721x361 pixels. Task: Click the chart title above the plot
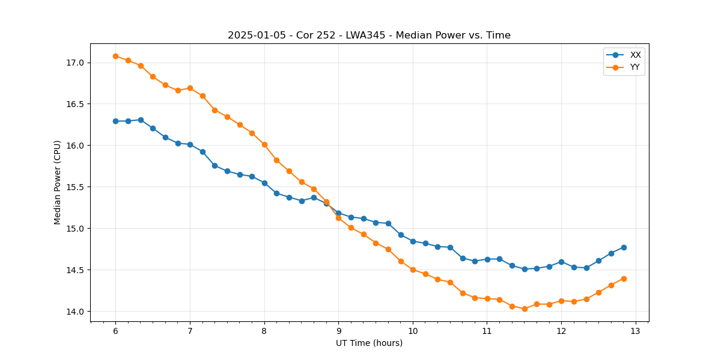click(x=369, y=35)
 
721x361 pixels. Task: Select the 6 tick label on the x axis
click(x=115, y=331)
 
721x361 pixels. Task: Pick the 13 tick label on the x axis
click(x=636, y=331)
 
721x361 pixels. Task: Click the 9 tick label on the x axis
click(x=338, y=331)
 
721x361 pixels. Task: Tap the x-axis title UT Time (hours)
click(x=369, y=343)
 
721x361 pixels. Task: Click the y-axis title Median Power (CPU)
click(x=58, y=182)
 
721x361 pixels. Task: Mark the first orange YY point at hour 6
click(x=115, y=56)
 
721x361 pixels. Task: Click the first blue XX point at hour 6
click(x=115, y=121)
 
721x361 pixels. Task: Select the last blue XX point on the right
click(x=624, y=247)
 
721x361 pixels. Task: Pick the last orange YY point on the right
click(x=624, y=279)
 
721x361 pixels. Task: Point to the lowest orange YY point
click(x=525, y=309)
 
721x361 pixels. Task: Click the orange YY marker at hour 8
click(x=264, y=144)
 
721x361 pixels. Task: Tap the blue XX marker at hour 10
click(x=413, y=241)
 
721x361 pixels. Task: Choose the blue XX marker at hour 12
click(x=561, y=262)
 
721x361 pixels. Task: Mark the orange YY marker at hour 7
click(x=190, y=88)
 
